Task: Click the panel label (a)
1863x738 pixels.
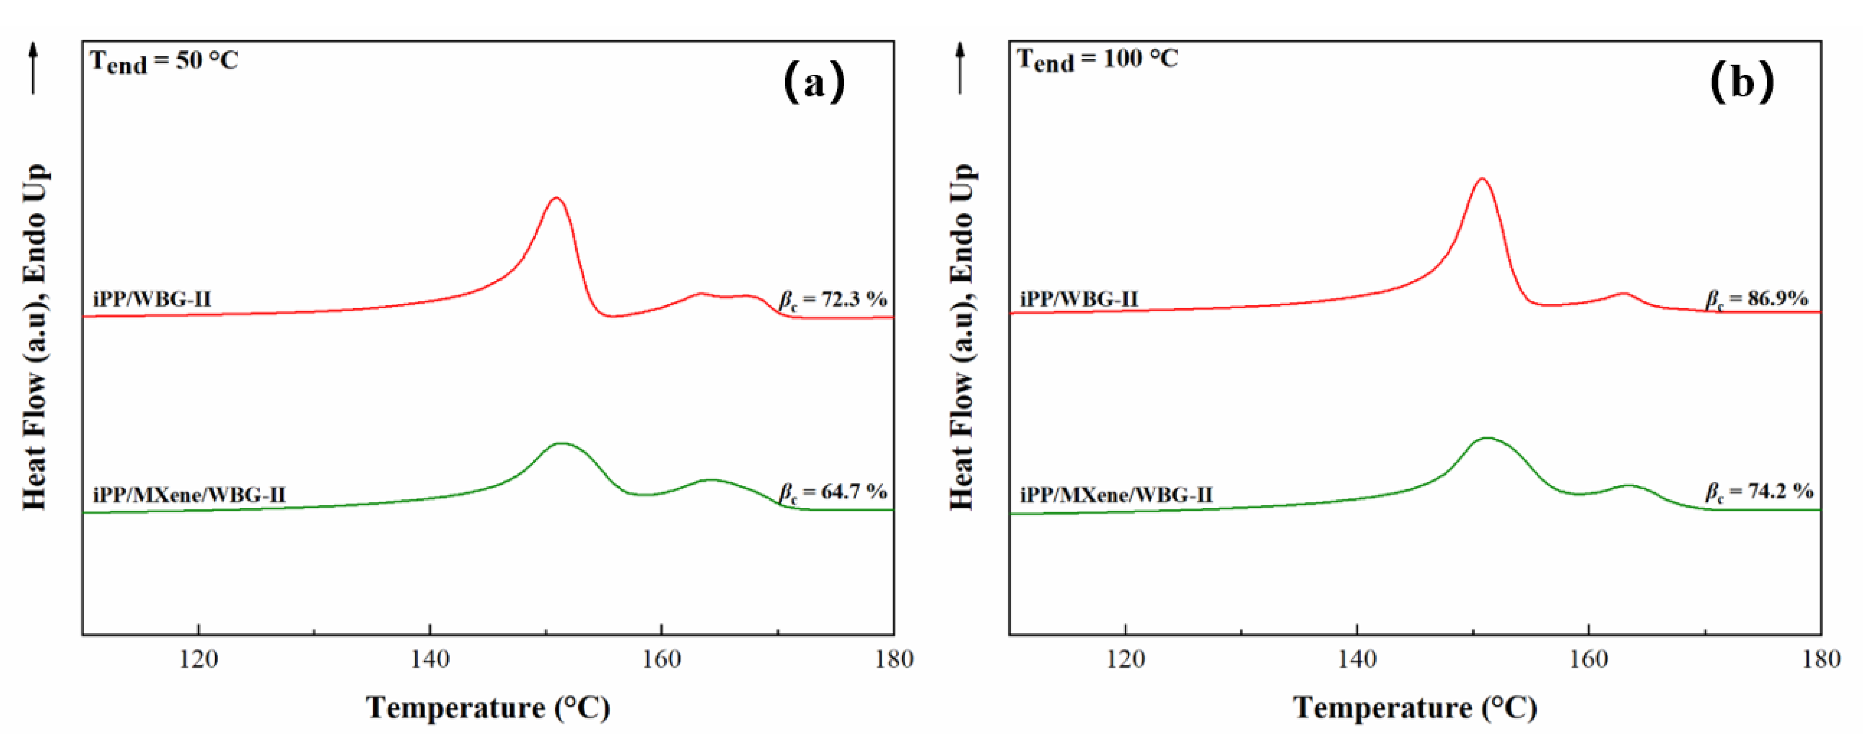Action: pos(814,82)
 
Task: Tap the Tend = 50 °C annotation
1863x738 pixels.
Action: pos(164,61)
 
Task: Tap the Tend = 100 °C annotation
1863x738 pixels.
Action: pos(1097,59)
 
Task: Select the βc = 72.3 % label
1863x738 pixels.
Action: pos(833,300)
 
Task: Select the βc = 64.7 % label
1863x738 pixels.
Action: pos(833,493)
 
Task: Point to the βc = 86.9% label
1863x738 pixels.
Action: pos(1757,299)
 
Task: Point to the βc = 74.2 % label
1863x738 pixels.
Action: pos(1758,492)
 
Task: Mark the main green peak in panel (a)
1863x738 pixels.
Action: pos(561,443)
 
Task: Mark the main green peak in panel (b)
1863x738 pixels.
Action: pos(1487,438)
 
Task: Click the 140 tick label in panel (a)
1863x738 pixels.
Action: pos(430,659)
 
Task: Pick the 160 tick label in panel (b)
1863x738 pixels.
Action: pos(1589,659)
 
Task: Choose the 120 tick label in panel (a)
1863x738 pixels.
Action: pos(198,659)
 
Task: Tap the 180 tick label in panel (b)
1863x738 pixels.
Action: pos(1821,659)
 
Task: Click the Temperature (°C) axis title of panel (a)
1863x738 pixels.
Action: pos(488,707)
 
